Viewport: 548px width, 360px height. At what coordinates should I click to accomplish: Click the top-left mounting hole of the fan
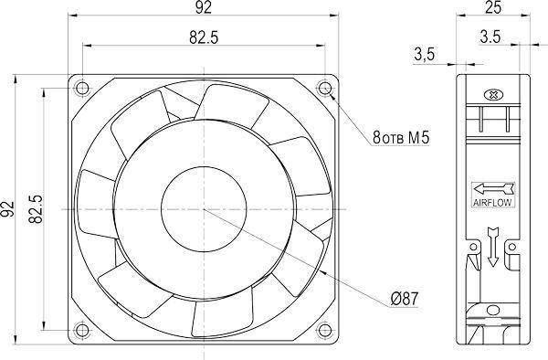point(82,88)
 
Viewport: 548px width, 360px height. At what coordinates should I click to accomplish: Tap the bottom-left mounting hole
point(82,330)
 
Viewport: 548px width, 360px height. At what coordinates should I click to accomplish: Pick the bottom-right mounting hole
point(325,330)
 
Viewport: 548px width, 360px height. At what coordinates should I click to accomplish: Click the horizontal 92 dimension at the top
point(204,7)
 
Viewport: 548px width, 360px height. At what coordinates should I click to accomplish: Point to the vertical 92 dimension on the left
point(7,209)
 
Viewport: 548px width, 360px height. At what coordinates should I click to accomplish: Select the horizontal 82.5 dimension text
point(204,37)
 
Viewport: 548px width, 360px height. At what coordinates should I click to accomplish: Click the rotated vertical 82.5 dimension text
point(36,209)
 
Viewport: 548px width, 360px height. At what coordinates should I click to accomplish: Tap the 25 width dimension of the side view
point(493,7)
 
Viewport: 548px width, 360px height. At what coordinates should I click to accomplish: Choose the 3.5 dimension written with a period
point(490,37)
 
